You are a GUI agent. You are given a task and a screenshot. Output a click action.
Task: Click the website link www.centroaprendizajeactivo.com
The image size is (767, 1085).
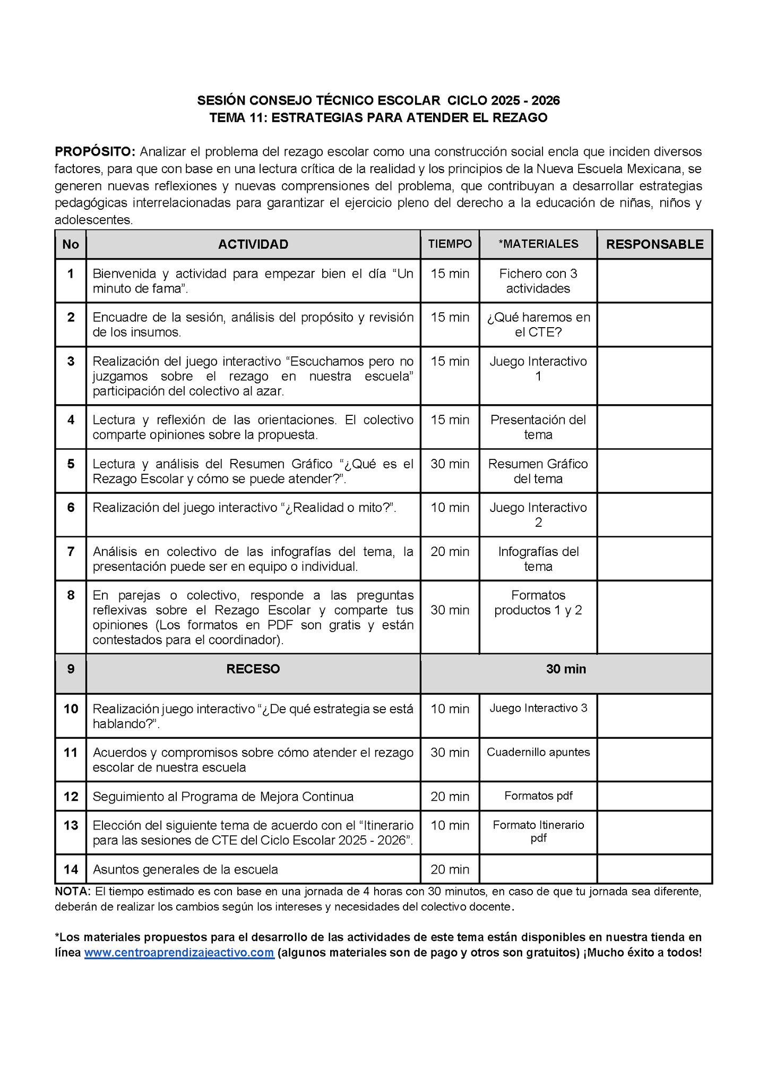179,952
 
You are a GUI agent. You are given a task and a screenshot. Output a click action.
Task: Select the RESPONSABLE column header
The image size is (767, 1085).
654,244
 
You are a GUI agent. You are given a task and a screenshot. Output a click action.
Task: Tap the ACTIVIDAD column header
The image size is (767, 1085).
253,244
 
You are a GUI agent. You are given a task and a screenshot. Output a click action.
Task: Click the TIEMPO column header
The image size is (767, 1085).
450,244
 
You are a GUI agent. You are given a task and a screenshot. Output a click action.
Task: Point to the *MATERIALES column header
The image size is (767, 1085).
538,244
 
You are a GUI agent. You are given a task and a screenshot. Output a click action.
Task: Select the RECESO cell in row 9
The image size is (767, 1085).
253,669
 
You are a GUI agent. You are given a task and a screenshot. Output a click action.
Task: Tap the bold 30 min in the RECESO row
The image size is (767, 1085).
566,669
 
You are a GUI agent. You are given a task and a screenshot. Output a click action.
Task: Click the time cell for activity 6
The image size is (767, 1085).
450,508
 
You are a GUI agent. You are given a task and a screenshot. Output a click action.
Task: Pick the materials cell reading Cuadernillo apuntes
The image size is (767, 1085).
538,752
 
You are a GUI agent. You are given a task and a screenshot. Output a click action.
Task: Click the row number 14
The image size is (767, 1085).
71,869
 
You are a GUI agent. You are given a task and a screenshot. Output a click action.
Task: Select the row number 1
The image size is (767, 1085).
71,274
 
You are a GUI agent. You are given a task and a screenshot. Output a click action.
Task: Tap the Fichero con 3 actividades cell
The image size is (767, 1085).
538,281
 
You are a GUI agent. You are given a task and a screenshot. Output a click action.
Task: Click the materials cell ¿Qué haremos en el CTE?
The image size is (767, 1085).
538,324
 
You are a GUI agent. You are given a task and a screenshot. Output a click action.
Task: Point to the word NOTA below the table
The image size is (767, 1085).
72,892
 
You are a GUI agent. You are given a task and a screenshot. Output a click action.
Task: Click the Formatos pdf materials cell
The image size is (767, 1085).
538,796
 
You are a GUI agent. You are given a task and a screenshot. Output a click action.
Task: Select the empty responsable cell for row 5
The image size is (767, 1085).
654,471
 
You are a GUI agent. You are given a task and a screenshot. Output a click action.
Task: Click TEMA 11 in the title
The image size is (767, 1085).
237,118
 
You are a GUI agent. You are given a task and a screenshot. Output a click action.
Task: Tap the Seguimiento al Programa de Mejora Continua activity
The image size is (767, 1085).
223,797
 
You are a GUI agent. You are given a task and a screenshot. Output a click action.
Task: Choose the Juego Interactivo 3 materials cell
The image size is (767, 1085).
538,708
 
